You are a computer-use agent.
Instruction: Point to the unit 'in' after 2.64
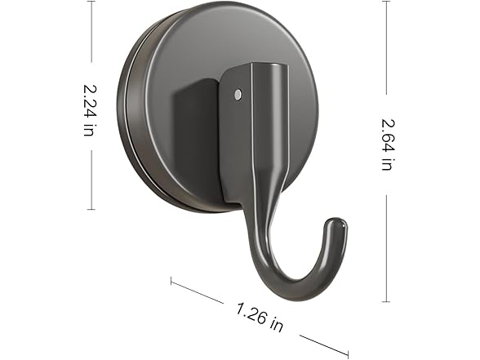tap(387, 161)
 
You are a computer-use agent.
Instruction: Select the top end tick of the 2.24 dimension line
tap(91, 2)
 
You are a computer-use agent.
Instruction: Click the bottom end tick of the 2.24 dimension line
tap(91, 209)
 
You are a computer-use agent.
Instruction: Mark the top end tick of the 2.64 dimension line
tap(388, 2)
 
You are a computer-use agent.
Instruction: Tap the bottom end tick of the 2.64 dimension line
tap(388, 301)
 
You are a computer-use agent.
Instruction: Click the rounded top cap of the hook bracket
tap(269, 70)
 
